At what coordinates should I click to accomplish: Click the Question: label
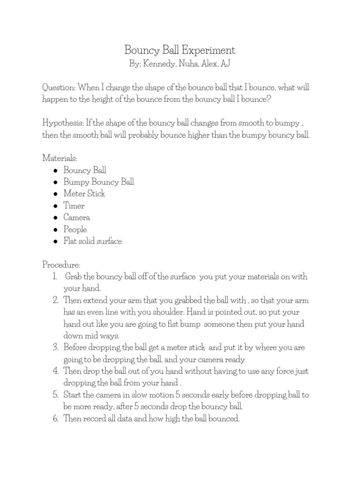coord(59,88)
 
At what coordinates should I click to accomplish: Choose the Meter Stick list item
coord(84,194)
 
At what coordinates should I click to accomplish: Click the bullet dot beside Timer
coord(55,206)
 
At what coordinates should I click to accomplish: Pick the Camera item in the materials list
coord(77,217)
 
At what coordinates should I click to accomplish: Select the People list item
coord(75,229)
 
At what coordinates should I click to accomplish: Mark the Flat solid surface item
coord(93,241)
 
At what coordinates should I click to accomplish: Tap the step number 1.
coord(55,277)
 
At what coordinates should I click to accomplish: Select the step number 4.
coord(55,371)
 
